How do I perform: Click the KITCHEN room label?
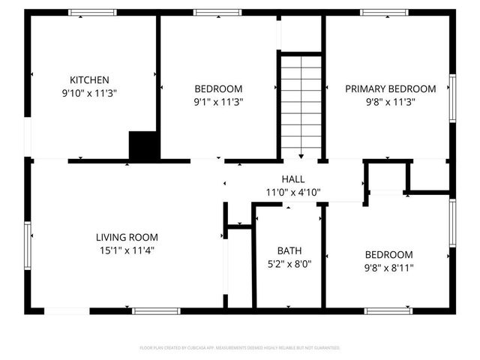pyautogui.click(x=90, y=80)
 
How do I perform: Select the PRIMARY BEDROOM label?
pyautogui.click(x=390, y=88)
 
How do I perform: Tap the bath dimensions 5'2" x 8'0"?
pyautogui.click(x=289, y=264)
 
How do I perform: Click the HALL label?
pyautogui.click(x=292, y=179)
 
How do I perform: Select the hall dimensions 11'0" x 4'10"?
pyautogui.click(x=292, y=192)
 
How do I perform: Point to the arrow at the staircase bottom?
pyautogui.click(x=301, y=155)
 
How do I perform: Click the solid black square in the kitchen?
pyautogui.click(x=143, y=145)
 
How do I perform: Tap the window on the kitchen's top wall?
pyautogui.click(x=93, y=12)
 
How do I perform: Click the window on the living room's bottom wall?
pyautogui.click(x=156, y=310)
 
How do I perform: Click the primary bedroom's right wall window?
pyautogui.click(x=452, y=96)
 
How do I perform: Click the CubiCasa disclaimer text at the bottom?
pyautogui.click(x=240, y=348)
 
